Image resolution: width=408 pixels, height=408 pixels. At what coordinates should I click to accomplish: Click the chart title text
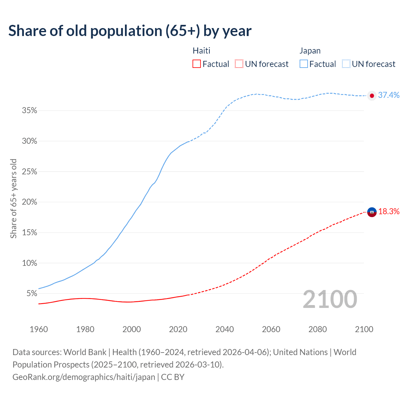[130, 31]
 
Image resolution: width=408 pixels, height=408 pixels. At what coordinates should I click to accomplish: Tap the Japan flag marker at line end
[372, 96]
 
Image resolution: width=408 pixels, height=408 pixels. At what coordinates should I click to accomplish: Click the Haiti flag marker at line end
[372, 212]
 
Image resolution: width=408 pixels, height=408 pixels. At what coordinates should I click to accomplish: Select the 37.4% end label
[389, 95]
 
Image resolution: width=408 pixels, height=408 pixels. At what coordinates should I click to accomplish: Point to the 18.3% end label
[389, 211]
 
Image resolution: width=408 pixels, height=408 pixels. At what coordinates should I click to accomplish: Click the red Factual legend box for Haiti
[197, 64]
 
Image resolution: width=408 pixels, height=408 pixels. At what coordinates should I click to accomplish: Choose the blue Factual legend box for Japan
[304, 64]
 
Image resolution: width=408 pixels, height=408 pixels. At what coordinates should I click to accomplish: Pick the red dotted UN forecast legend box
[239, 64]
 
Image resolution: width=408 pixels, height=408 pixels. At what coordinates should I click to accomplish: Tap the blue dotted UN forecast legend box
[346, 64]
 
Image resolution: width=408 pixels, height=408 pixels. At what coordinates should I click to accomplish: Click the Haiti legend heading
[201, 51]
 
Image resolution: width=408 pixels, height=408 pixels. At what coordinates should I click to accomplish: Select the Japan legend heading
[310, 51]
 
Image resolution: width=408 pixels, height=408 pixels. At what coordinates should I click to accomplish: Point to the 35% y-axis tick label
[29, 111]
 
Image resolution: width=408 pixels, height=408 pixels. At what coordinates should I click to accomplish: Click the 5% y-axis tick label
[32, 293]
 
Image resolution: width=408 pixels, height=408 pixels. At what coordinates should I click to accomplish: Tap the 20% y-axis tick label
[29, 202]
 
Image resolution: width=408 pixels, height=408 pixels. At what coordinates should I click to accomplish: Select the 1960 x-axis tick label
[39, 329]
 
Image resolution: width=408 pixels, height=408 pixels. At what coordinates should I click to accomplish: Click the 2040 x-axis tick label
[224, 329]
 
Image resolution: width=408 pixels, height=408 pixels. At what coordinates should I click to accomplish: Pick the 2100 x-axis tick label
[364, 329]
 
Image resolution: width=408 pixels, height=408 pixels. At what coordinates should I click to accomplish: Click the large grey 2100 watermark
[330, 299]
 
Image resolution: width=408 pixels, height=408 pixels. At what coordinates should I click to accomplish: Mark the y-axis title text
[13, 198]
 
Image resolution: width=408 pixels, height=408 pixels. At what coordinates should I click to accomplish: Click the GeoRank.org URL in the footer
[84, 377]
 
